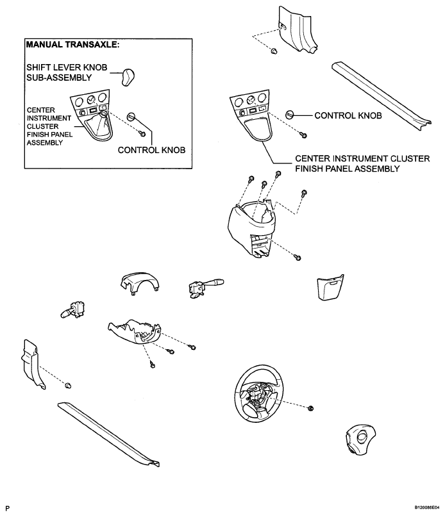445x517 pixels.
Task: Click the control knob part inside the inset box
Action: click(131, 117)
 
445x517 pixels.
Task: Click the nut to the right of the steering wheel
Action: click(310, 408)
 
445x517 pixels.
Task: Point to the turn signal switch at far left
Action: click(72, 309)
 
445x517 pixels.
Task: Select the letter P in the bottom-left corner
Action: click(6, 507)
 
